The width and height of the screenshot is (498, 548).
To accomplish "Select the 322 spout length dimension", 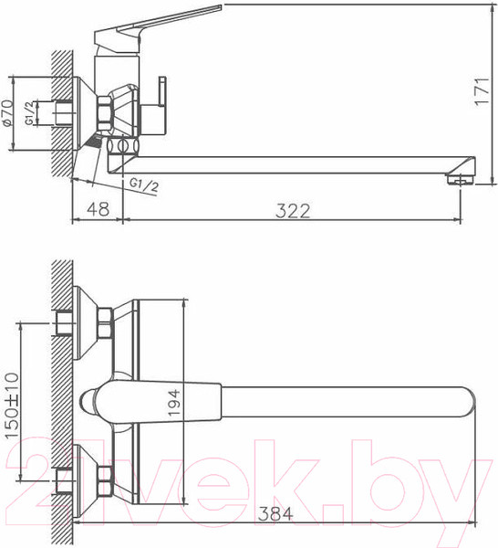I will (293, 210).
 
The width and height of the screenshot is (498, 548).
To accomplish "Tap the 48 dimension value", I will (98, 210).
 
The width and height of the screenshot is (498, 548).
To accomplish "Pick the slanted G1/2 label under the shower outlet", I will (144, 186).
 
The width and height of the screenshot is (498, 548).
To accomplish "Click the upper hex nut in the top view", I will (104, 322).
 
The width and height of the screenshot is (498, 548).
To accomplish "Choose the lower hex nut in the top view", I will (104, 476).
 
